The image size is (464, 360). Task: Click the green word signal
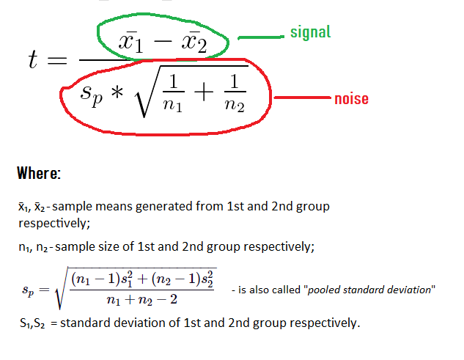(311, 32)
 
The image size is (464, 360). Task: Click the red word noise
(351, 98)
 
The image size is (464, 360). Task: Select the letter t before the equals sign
(33, 61)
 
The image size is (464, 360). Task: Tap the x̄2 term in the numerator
(193, 45)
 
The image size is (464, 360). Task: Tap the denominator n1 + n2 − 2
(144, 300)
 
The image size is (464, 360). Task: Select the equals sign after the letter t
(57, 61)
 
